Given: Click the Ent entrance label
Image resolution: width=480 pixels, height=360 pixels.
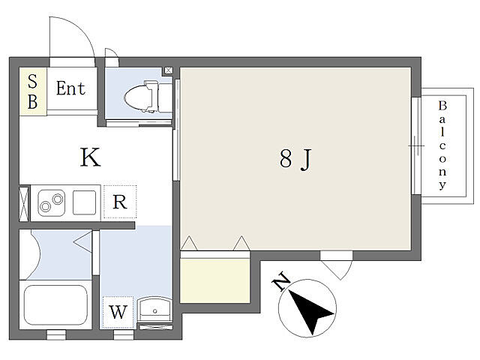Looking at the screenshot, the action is coord(70,88).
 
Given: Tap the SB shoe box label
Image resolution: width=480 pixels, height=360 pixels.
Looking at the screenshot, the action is coord(33,91).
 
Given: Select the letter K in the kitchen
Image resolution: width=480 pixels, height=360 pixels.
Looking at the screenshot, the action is coord(90,157).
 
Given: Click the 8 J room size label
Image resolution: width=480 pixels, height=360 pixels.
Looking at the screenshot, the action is coord(295,159).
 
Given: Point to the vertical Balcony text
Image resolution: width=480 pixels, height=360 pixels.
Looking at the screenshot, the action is coord(442,145).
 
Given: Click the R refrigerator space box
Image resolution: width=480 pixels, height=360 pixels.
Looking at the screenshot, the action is coord(120,202).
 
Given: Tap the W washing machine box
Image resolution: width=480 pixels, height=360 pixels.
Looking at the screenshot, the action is coord(118,312).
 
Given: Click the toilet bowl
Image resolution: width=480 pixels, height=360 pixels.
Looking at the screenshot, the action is coord(142,97).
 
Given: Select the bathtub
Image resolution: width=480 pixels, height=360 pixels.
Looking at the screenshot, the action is coord(55,305).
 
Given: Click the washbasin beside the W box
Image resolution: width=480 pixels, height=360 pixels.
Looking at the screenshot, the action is coord(154,309).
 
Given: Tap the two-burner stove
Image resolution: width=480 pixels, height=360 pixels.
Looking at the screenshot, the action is coord(52,202).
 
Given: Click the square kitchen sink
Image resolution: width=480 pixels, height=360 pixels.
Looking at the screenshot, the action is coord(84,202).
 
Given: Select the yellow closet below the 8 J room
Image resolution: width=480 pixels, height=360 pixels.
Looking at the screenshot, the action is coord(215,280).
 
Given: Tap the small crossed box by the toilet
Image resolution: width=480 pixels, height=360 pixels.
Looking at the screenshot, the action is coord(169,70).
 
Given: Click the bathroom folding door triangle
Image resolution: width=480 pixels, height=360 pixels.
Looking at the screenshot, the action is coord(83,242).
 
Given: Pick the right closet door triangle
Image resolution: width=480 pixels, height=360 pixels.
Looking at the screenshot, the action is coord(241,243).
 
